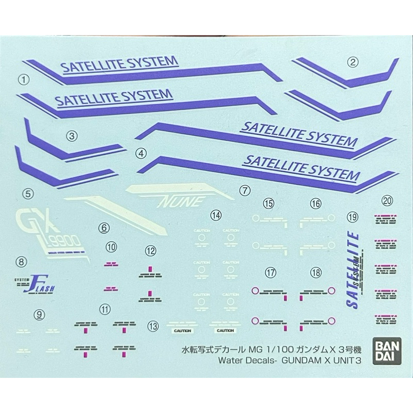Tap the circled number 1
(x=23, y=80)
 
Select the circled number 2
(x=353, y=63)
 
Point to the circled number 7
(x=245, y=190)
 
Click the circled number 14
(x=216, y=214)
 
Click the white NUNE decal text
(x=180, y=199)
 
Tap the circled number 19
(x=353, y=217)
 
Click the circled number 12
(x=150, y=251)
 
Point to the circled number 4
(x=139, y=153)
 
